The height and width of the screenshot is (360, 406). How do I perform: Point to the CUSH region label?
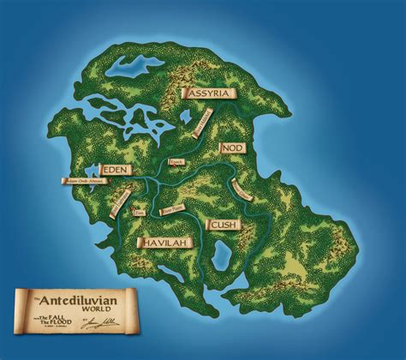[224, 225]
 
